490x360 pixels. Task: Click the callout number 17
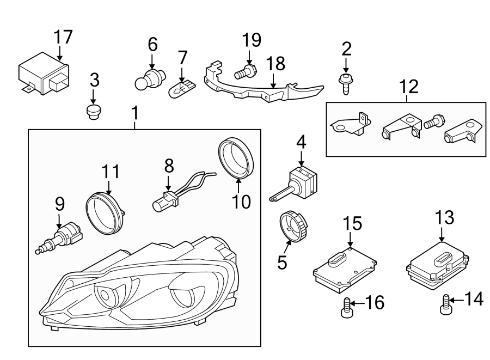(x=63, y=36)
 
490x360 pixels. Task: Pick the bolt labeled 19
(x=246, y=71)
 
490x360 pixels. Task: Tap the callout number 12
(x=409, y=86)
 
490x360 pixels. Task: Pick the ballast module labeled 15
(x=344, y=268)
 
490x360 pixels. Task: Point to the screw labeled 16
(x=346, y=308)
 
